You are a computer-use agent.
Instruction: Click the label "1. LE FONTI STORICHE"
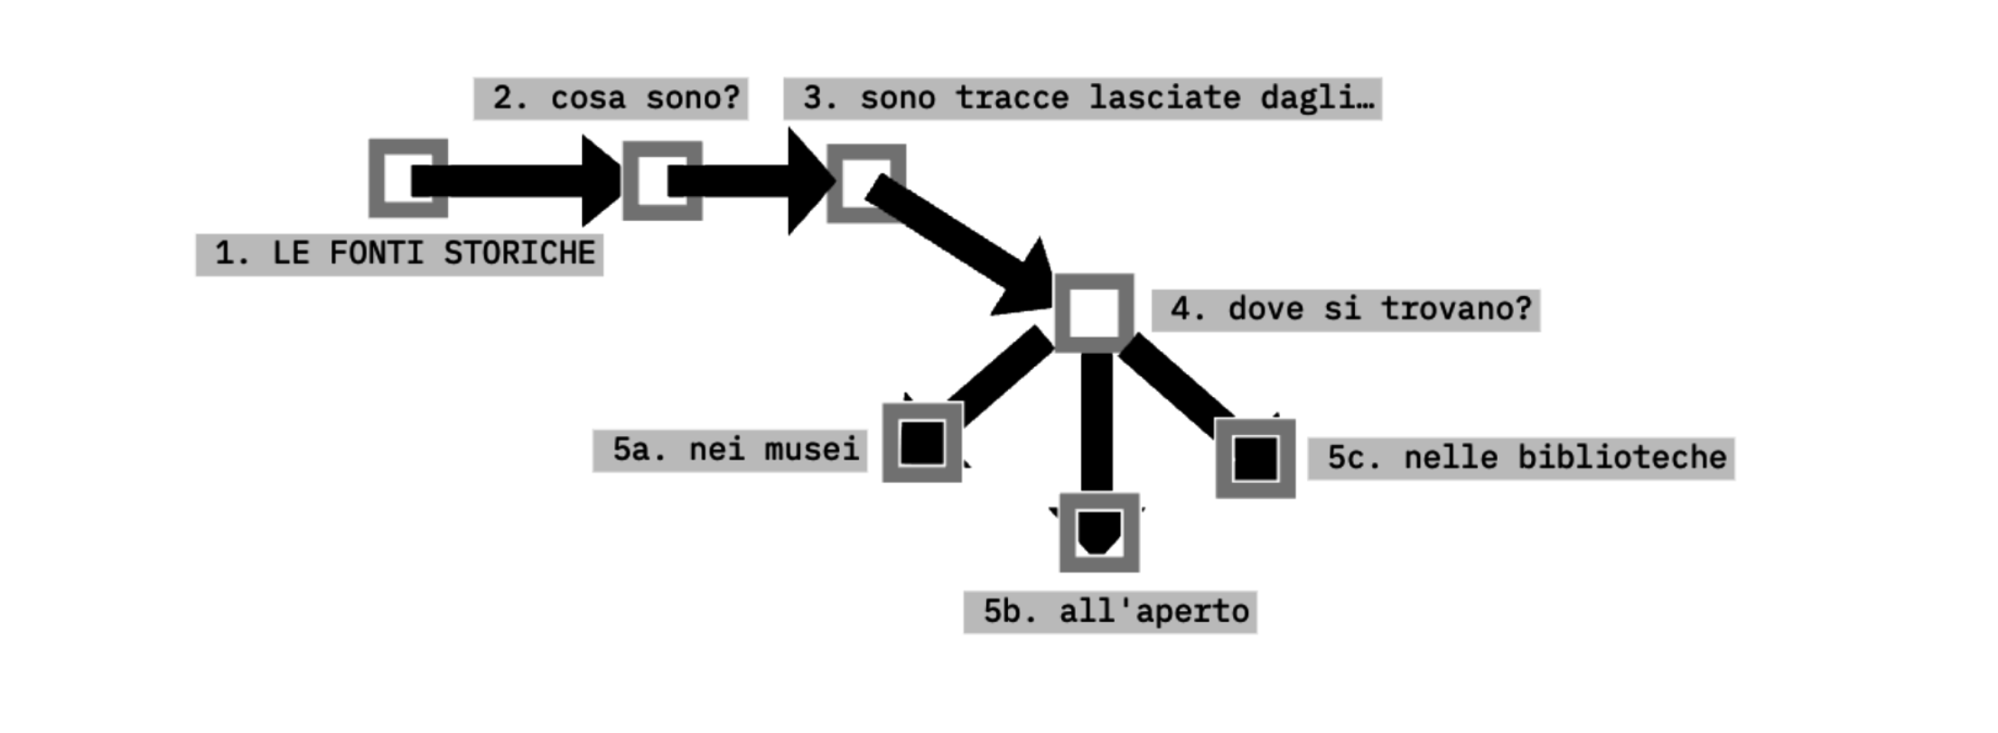pyautogui.click(x=398, y=254)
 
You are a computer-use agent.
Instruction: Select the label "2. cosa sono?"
pyautogui.click(x=611, y=98)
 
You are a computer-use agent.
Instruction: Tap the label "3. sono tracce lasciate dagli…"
pyautogui.click(x=1082, y=98)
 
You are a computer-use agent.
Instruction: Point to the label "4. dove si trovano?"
pyautogui.click(x=1345, y=310)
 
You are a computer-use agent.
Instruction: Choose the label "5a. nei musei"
pyautogui.click(x=729, y=450)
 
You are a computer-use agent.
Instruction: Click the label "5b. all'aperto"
pyautogui.click(x=1109, y=612)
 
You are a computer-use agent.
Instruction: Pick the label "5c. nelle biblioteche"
pyautogui.click(x=1520, y=458)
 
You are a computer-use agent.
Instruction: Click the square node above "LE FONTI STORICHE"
pyautogui.click(x=407, y=178)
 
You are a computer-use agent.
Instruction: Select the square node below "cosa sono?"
pyautogui.click(x=662, y=181)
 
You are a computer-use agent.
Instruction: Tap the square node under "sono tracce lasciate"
pyautogui.click(x=866, y=182)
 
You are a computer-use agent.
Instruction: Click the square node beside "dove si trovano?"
pyautogui.click(x=1094, y=312)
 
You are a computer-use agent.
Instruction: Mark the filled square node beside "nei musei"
pyautogui.click(x=922, y=442)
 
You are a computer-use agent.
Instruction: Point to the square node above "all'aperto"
pyautogui.click(x=1099, y=532)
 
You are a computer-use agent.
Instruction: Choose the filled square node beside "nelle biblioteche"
pyautogui.click(x=1256, y=458)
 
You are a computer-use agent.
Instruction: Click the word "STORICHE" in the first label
pyautogui.click(x=519, y=254)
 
